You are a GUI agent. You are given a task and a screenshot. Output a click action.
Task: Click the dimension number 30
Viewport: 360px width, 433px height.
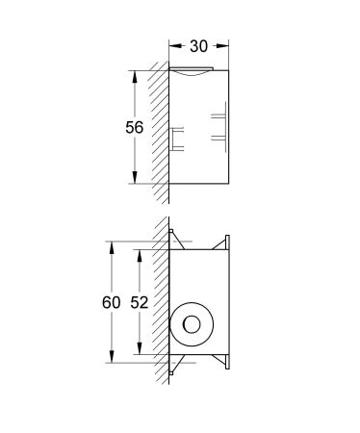199,45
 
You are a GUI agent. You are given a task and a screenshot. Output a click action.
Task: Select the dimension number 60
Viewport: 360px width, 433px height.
112,302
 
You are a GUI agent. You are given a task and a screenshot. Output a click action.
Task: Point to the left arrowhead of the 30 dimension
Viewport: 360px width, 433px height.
174,45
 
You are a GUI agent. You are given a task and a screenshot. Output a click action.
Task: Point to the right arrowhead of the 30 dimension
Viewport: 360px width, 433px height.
224,45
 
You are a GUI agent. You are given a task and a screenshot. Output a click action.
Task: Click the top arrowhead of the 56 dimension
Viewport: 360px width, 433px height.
134,73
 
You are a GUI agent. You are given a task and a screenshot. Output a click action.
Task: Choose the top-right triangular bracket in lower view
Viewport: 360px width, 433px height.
226,243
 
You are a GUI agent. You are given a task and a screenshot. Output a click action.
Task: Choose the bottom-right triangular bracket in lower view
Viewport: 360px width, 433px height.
226,360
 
